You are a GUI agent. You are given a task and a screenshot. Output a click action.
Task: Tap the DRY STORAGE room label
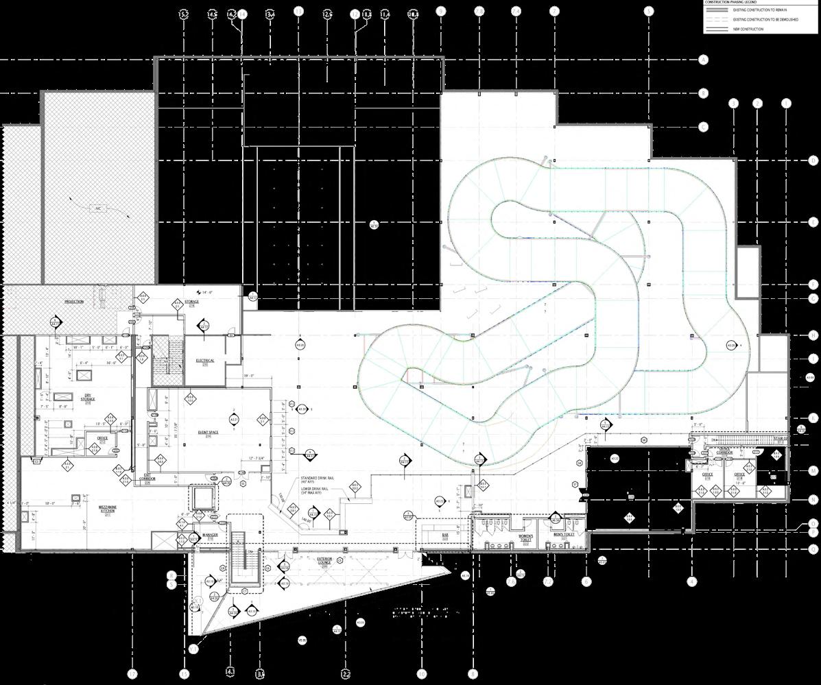pos(88,397)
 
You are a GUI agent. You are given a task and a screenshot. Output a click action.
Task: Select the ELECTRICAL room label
pos(205,361)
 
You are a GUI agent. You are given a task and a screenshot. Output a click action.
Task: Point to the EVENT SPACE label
pos(208,433)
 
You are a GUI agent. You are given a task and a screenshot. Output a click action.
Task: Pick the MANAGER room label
pos(210,536)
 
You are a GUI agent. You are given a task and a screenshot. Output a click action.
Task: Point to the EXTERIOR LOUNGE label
pos(324,562)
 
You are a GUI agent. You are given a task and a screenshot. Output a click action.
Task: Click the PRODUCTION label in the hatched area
pos(74,302)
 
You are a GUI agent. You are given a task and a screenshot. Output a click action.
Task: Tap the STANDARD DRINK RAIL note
pos(321,480)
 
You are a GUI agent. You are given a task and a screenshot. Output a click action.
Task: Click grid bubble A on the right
pos(703,60)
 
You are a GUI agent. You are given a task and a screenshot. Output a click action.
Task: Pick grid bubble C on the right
pos(703,128)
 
